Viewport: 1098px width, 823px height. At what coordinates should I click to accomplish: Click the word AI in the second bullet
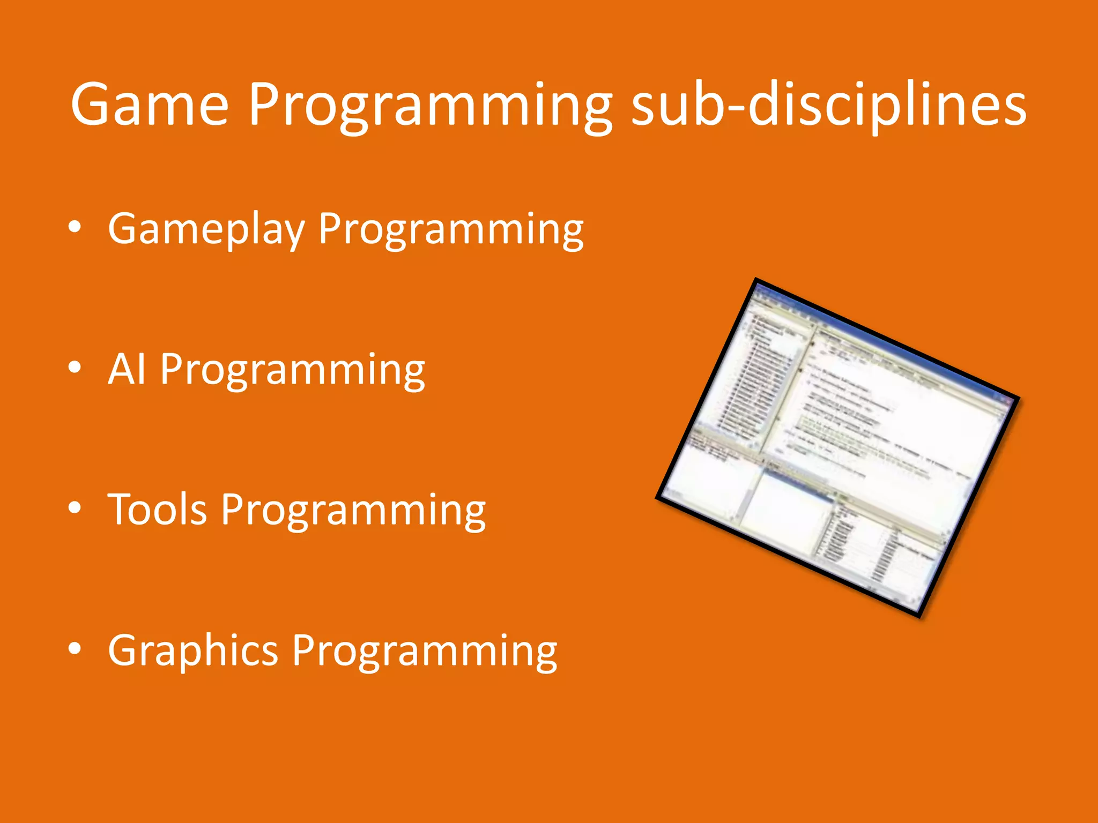[x=127, y=369]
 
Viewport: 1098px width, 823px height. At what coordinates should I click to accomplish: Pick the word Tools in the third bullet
[x=157, y=510]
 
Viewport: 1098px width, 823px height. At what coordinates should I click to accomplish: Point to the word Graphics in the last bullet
[x=192, y=651]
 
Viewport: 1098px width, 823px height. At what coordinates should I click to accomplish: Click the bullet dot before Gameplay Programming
[x=75, y=228]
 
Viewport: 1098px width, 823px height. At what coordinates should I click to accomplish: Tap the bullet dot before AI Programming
[x=75, y=368]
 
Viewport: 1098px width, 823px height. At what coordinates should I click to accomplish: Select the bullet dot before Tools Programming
[x=75, y=508]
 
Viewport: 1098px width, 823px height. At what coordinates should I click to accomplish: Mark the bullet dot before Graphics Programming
[x=75, y=649]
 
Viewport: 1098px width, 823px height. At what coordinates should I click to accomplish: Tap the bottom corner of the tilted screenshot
[x=919, y=616]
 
